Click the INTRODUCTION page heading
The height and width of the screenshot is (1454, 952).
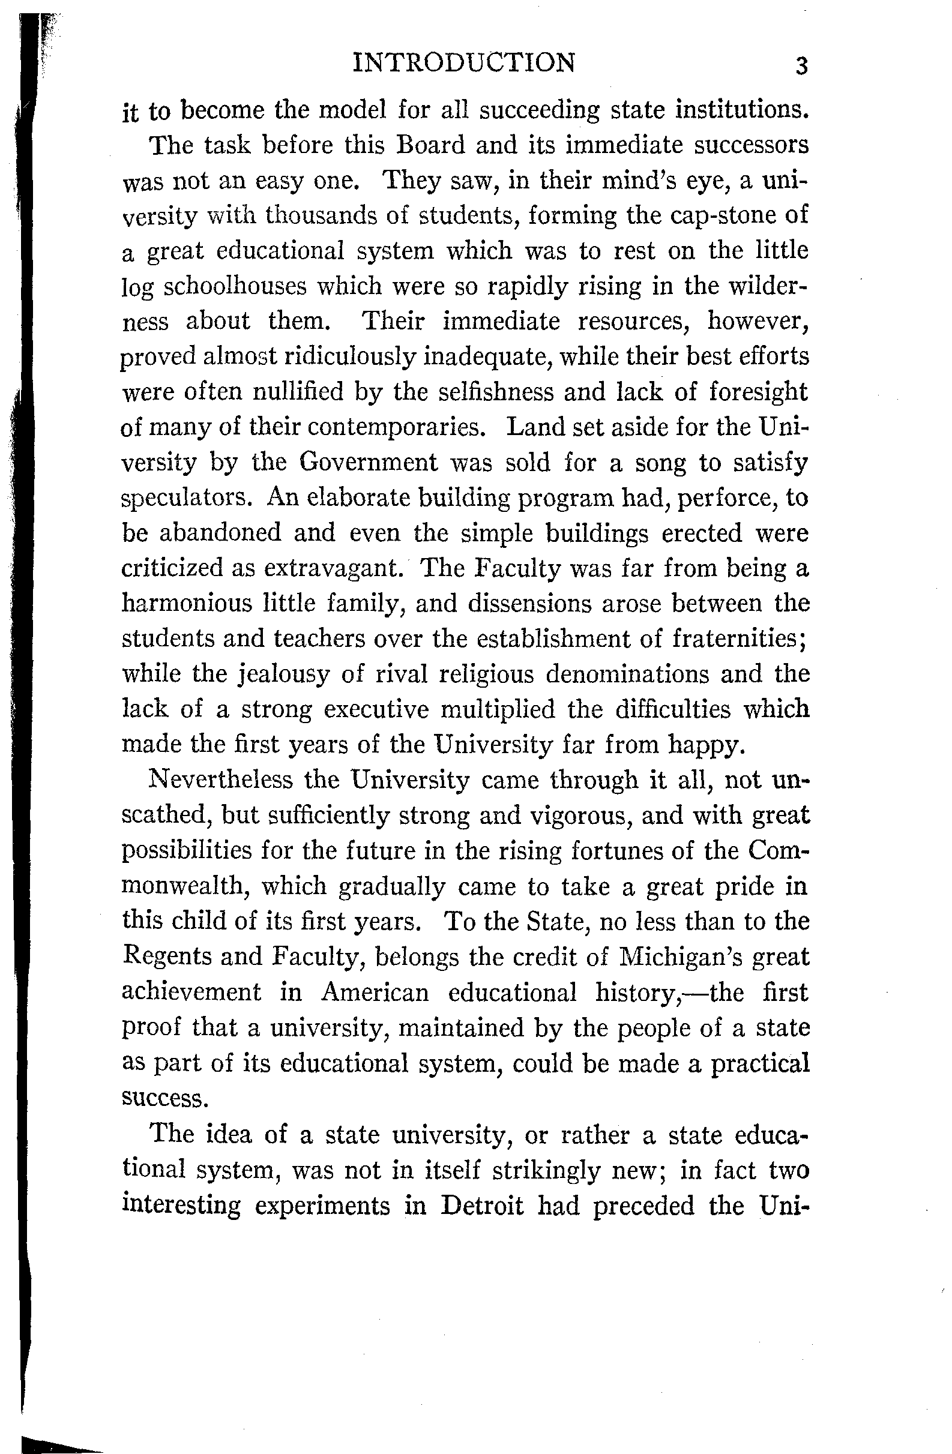(x=464, y=63)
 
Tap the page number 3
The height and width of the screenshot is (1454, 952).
(x=801, y=65)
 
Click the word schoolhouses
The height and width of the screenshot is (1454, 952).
(x=235, y=286)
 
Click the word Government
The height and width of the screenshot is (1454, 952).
(x=368, y=462)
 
